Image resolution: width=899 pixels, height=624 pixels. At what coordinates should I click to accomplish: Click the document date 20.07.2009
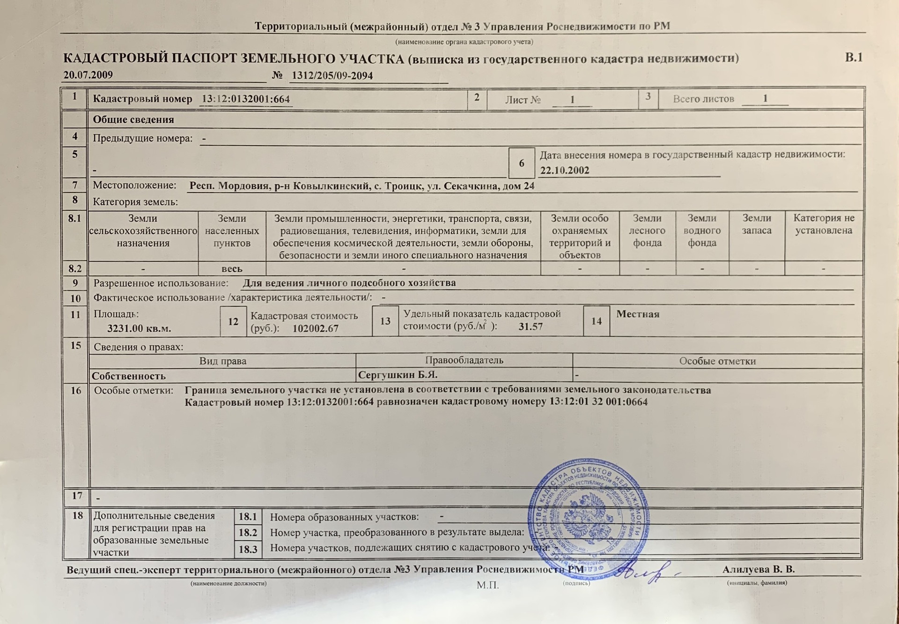[x=88, y=75]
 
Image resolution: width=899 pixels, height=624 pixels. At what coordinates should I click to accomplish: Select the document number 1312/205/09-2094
[x=332, y=76]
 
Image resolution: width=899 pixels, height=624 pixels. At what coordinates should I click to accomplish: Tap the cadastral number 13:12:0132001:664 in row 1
[x=246, y=99]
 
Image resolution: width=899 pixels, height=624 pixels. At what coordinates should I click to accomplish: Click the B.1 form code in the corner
[x=854, y=58]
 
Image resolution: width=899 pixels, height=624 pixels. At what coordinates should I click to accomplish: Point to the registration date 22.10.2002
[x=564, y=171]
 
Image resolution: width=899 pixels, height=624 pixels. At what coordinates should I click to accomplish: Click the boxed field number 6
[x=521, y=163]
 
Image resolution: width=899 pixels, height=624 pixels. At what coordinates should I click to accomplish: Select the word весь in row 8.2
[x=232, y=269]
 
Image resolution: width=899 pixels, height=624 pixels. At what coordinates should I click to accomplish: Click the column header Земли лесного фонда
[x=647, y=230]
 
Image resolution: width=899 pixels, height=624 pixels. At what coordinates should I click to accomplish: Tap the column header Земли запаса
[x=756, y=224]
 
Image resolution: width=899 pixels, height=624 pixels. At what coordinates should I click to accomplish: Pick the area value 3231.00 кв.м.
[x=139, y=328]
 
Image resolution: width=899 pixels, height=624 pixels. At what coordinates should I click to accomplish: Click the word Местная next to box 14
[x=637, y=314]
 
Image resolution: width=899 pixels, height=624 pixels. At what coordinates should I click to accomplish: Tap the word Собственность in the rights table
[x=129, y=376]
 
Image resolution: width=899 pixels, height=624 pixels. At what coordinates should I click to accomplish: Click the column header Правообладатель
[x=464, y=360]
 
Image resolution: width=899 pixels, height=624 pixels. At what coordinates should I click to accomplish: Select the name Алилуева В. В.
[x=758, y=570]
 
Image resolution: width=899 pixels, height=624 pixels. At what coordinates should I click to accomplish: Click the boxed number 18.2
[x=248, y=533]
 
